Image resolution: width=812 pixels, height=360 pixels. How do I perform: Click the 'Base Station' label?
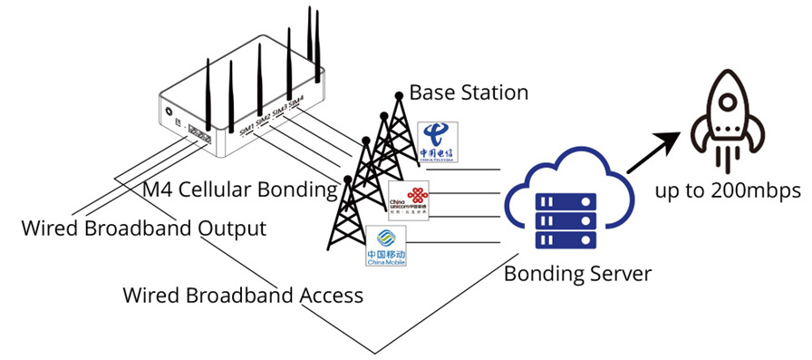(469, 92)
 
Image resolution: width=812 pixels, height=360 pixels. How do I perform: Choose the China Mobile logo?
(385, 248)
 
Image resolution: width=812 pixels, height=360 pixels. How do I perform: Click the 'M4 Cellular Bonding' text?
(240, 190)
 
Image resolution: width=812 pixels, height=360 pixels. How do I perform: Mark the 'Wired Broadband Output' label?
(144, 229)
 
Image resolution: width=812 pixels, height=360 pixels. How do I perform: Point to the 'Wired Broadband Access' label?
(243, 296)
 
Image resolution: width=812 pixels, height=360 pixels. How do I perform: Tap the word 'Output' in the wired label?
(231, 229)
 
